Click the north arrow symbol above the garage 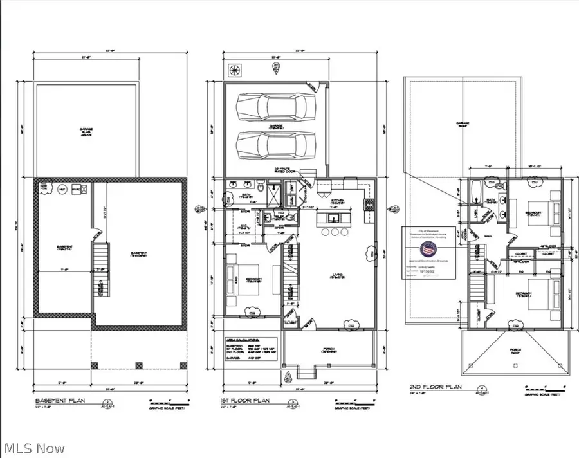pos(232,70)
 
